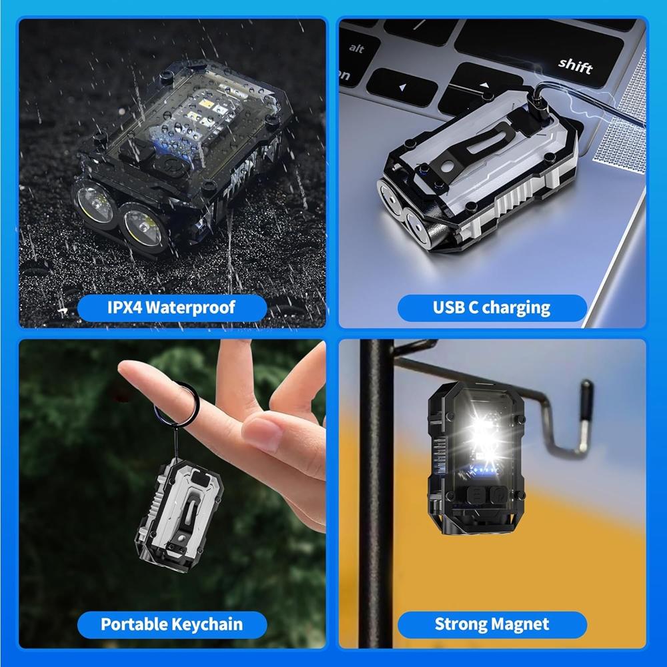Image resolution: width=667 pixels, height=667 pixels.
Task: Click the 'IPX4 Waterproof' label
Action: (x=172, y=307)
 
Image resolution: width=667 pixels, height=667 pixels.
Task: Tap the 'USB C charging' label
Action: (x=492, y=307)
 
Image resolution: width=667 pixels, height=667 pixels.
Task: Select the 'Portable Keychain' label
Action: (x=171, y=624)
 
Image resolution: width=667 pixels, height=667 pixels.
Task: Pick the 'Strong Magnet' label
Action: (x=492, y=624)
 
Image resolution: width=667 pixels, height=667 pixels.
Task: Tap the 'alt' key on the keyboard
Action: (x=357, y=49)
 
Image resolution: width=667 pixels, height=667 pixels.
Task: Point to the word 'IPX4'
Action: (x=125, y=307)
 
